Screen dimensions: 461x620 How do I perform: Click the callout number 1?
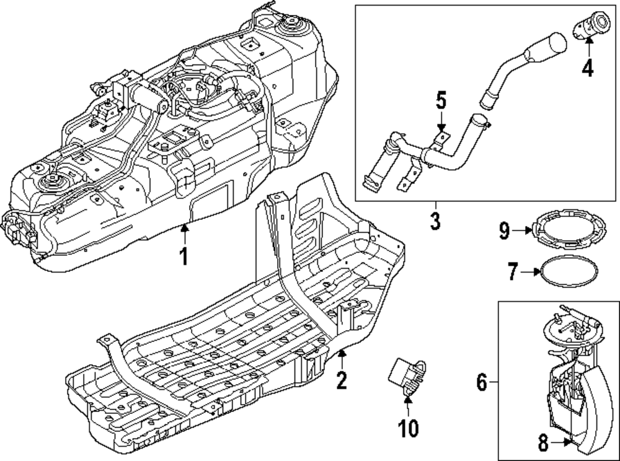(184, 255)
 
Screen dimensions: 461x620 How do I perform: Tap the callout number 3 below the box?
(435, 221)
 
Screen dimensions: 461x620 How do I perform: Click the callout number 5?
(441, 100)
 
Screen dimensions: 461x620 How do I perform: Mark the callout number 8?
(542, 443)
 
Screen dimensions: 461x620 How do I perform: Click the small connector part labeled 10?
(405, 375)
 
